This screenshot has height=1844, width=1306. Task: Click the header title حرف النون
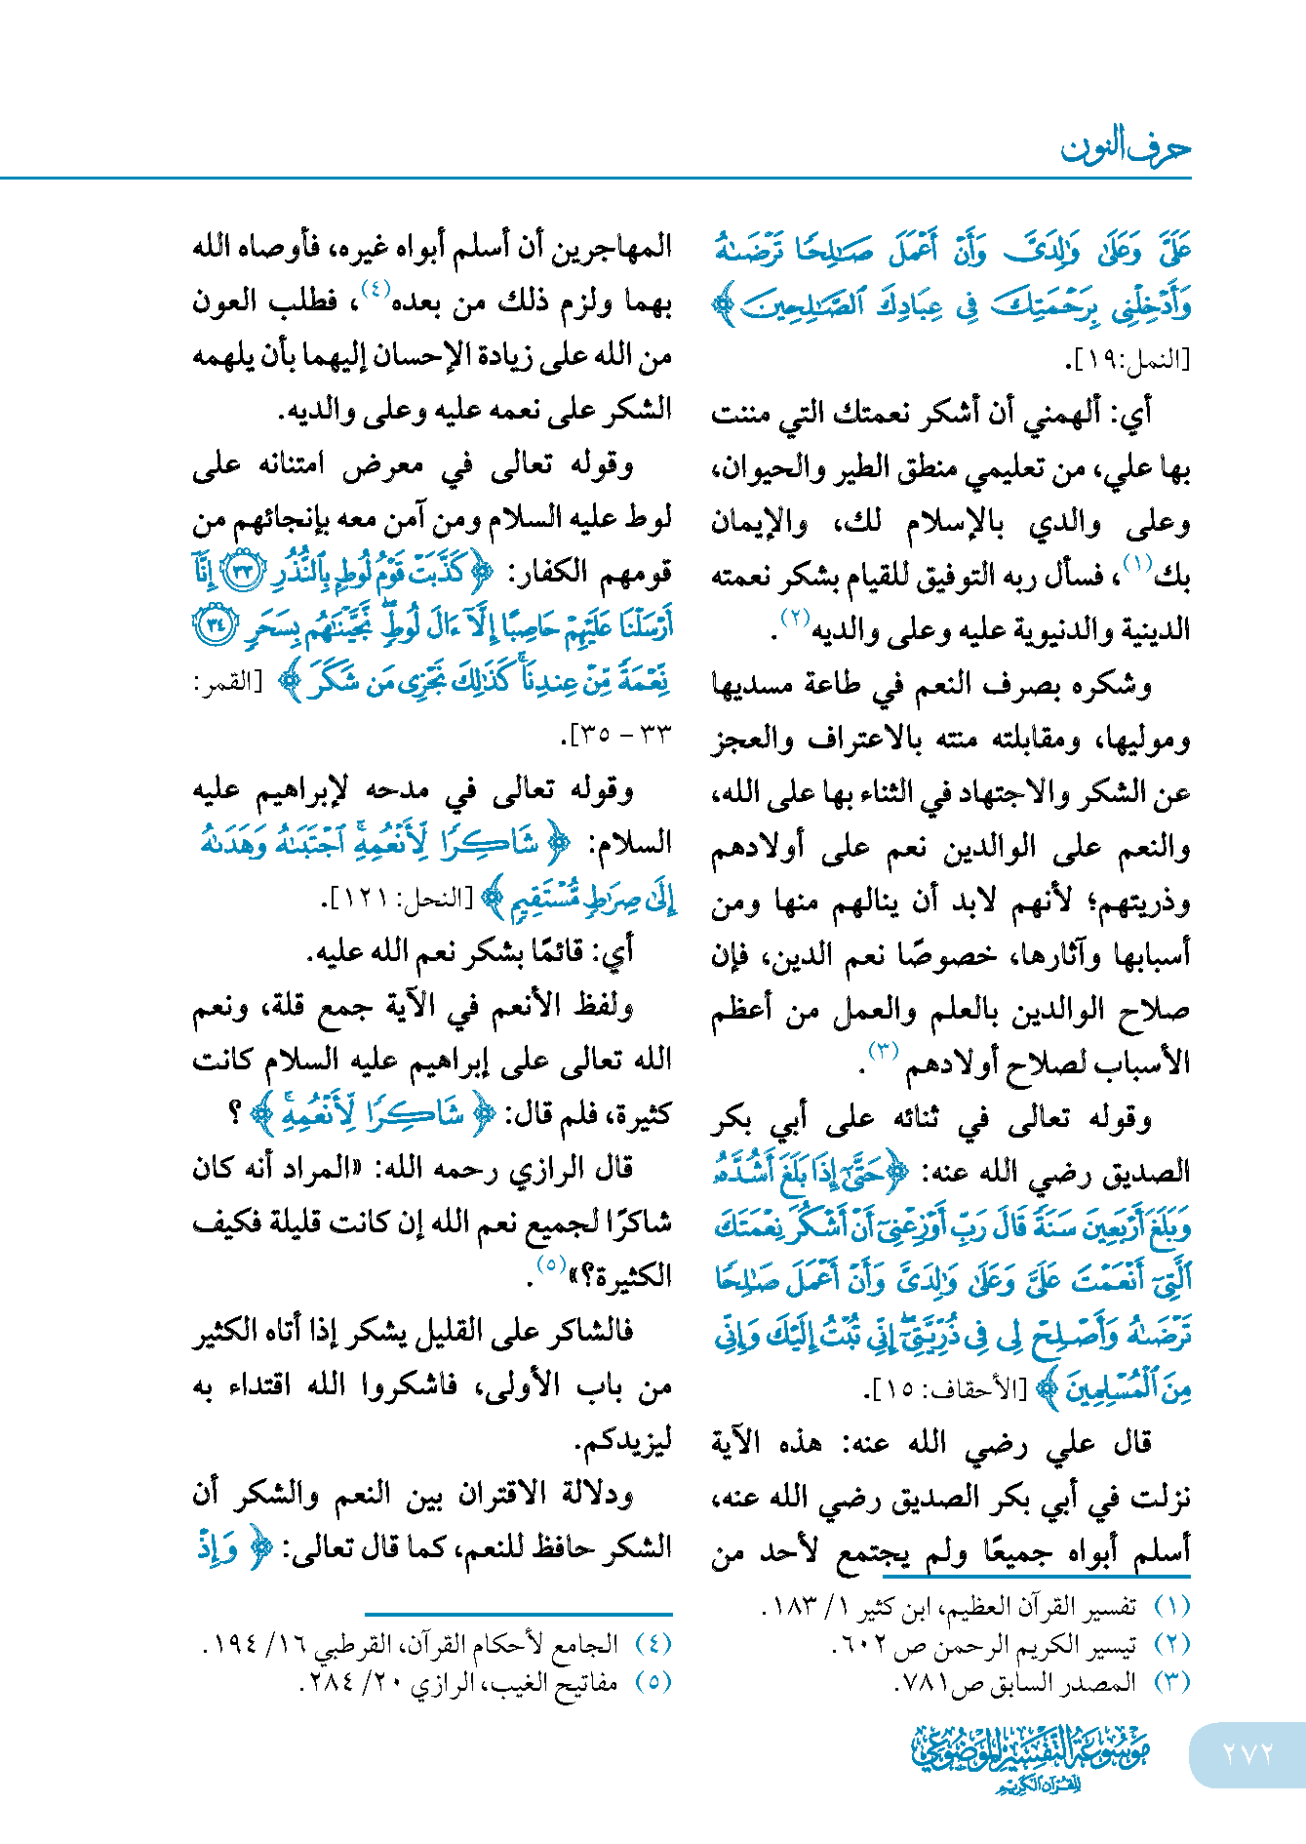1125,148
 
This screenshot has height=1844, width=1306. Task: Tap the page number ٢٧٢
1247,1753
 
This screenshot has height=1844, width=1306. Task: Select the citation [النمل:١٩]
1128,360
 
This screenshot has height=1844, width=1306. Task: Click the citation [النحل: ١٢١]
400,899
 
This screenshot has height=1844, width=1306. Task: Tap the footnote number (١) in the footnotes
1171,1605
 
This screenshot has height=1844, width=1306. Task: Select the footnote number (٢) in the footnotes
1171,1644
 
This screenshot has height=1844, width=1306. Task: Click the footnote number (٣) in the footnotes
1171,1682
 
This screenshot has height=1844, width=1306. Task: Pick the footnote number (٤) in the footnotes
653,1644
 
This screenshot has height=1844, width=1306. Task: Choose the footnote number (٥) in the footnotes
653,1682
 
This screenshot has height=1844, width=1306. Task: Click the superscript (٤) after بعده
376,289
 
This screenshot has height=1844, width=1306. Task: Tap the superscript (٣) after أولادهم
883,1051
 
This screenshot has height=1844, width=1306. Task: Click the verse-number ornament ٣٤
214,624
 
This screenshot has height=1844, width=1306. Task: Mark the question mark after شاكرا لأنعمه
234,1113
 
